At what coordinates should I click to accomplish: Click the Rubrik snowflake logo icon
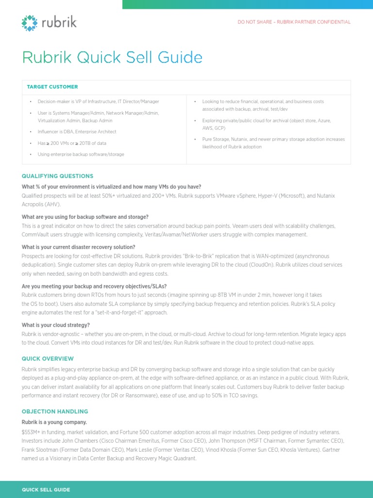[x=30, y=23]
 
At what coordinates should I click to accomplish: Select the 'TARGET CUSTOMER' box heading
[x=52, y=87]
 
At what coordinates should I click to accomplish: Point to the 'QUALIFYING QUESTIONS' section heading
[x=57, y=176]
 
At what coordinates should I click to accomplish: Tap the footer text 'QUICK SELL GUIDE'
[x=46, y=490]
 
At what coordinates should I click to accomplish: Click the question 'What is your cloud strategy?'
[x=56, y=325]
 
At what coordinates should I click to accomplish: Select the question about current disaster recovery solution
[x=78, y=247]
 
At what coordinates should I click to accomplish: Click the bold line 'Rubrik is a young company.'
[x=54, y=422]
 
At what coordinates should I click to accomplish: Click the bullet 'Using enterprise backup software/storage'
[x=81, y=154]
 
